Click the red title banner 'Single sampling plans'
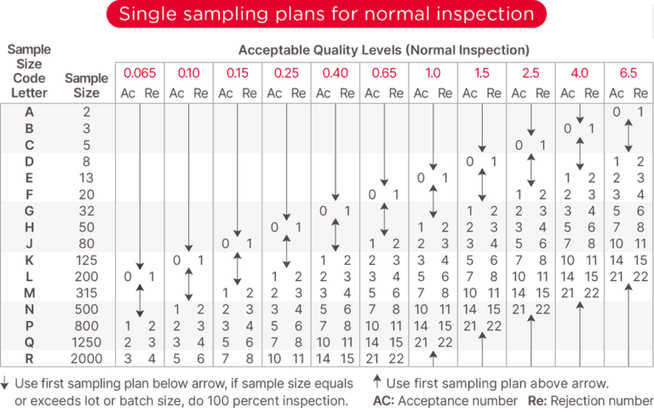tap(326, 14)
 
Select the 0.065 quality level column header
tap(138, 73)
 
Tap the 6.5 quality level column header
tap(628, 73)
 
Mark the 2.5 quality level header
tap(530, 73)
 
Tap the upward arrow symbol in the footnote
tap(377, 382)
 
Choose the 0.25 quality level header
tap(285, 73)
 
